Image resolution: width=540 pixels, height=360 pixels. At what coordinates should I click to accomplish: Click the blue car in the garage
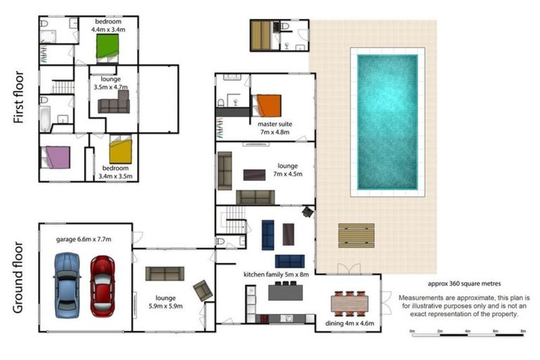tap(67, 285)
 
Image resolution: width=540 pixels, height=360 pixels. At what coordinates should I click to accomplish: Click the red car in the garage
tap(103, 286)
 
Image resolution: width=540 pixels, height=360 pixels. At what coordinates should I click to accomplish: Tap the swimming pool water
tap(387, 122)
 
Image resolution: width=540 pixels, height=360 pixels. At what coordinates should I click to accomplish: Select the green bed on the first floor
tap(108, 47)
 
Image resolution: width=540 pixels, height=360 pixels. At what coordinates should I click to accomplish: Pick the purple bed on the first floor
tap(57, 157)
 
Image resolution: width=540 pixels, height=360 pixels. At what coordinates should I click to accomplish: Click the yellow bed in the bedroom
tap(120, 150)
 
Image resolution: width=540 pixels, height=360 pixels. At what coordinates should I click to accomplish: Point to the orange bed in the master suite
tap(268, 105)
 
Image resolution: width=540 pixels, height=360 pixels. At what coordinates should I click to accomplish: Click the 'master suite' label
tap(275, 124)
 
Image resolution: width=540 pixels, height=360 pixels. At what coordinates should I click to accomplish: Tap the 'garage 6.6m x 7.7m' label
tap(84, 239)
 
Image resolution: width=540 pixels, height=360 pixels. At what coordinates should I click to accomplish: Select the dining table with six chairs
tap(349, 304)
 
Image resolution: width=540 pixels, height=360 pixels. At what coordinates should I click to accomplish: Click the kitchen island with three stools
tap(285, 291)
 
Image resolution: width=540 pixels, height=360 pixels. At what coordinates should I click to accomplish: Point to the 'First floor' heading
tap(18, 98)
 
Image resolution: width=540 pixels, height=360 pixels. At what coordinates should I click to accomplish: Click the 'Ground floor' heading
tap(18, 278)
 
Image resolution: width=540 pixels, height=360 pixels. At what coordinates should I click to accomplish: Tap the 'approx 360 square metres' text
tap(464, 284)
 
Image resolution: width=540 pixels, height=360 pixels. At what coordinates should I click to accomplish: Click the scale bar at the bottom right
tap(468, 334)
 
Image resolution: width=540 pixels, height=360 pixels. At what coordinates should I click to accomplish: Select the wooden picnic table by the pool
tap(356, 236)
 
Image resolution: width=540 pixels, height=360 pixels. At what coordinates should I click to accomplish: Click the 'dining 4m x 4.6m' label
tap(349, 323)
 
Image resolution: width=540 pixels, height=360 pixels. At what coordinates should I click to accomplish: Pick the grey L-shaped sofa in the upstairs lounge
tap(114, 102)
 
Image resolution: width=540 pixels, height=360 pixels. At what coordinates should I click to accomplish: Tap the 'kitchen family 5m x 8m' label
tap(276, 274)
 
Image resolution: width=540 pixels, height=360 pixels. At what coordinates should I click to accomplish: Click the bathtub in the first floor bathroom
tap(45, 119)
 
